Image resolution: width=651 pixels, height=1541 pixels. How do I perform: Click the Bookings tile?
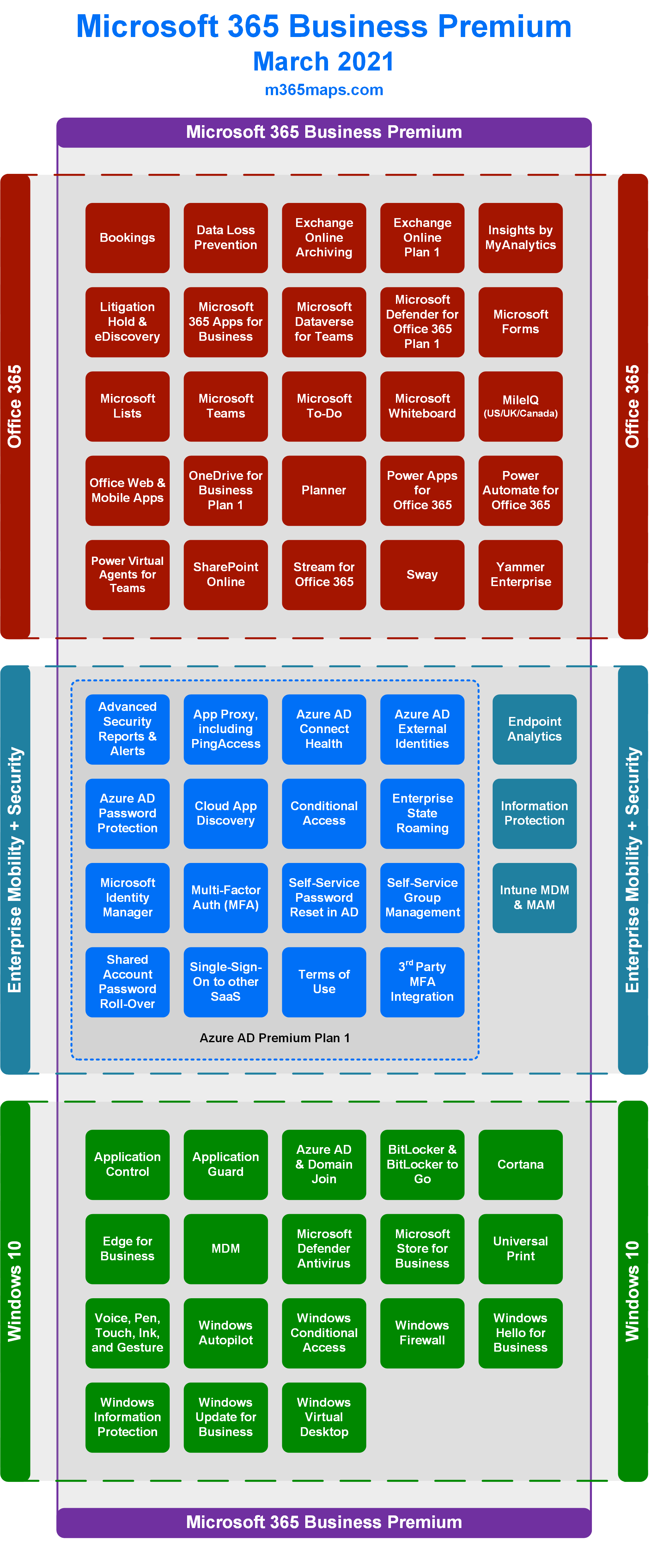tap(127, 237)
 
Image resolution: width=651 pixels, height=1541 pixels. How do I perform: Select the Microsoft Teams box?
tap(225, 406)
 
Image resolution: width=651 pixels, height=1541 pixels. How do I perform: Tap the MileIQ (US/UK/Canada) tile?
tap(520, 406)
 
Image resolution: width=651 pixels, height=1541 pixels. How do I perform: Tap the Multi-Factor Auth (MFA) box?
tap(225, 897)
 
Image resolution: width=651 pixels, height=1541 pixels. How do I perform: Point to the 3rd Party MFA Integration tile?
tap(422, 982)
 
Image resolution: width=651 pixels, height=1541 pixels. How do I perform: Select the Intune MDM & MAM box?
tap(534, 897)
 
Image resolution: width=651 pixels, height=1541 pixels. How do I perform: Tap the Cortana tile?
tap(520, 1164)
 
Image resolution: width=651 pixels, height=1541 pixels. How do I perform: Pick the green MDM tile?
tap(225, 1249)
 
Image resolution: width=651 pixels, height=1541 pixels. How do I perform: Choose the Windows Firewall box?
tap(422, 1333)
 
